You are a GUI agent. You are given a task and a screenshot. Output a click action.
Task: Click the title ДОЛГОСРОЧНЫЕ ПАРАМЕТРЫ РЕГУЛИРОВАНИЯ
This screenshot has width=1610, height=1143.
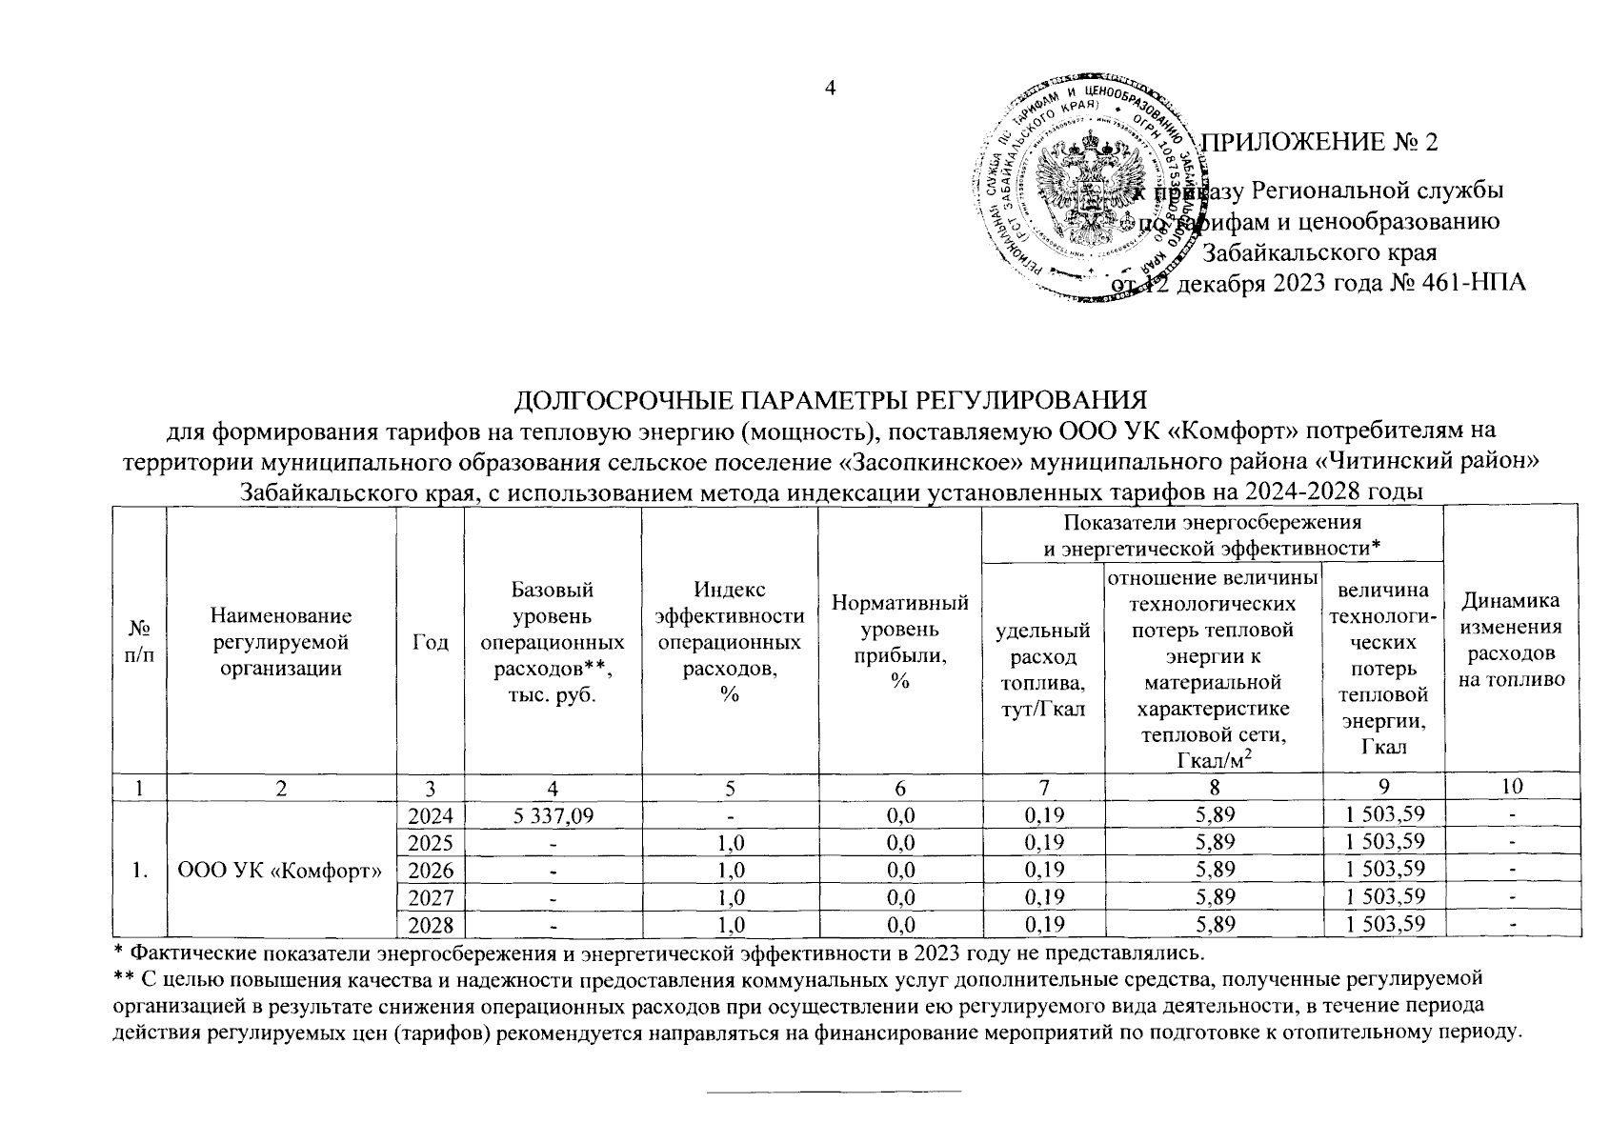[x=829, y=400]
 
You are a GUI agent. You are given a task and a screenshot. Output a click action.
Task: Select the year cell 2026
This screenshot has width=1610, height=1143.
[x=431, y=869]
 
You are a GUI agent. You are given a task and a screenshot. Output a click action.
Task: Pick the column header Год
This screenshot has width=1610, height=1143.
[x=431, y=643]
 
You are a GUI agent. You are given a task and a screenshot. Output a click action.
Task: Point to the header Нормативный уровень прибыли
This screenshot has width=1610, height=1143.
[x=899, y=641]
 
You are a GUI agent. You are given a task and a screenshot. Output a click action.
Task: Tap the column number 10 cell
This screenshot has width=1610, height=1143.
[x=1514, y=787]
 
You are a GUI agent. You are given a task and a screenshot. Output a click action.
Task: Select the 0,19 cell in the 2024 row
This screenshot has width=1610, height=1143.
[x=1043, y=814]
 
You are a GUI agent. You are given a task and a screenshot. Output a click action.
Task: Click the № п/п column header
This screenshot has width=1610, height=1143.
[x=140, y=643]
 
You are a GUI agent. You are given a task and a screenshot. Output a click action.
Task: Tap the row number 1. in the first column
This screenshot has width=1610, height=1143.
[x=140, y=869]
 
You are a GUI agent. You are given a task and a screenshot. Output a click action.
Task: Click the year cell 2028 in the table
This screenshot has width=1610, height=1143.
[x=431, y=924]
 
